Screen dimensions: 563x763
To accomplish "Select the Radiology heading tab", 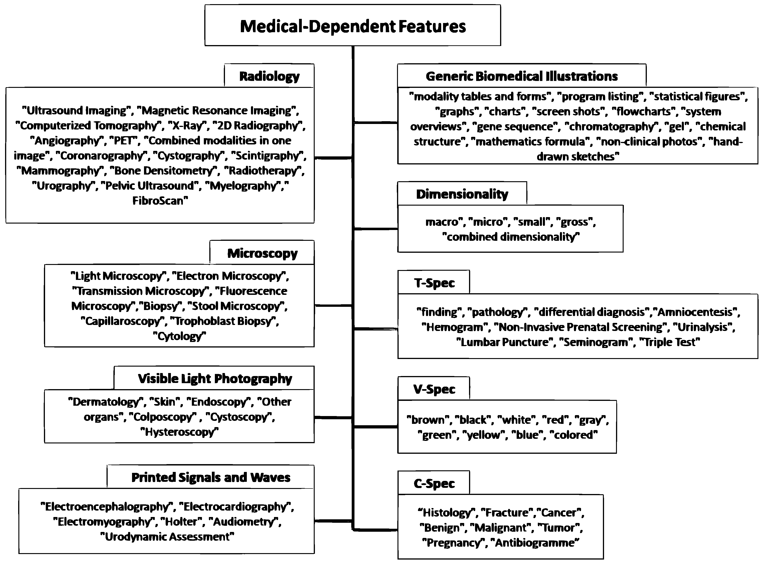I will [x=269, y=76].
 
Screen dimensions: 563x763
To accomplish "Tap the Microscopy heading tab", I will [x=262, y=253].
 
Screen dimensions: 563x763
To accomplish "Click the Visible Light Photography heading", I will [x=215, y=378].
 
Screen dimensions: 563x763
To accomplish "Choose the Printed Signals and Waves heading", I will [x=211, y=477].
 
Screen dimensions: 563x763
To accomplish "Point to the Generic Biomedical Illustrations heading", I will [x=521, y=76].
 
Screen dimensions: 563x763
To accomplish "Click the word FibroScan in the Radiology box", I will [x=159, y=201].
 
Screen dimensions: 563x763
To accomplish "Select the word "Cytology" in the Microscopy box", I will [x=180, y=336].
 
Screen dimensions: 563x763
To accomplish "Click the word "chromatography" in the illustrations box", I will [x=612, y=126].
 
